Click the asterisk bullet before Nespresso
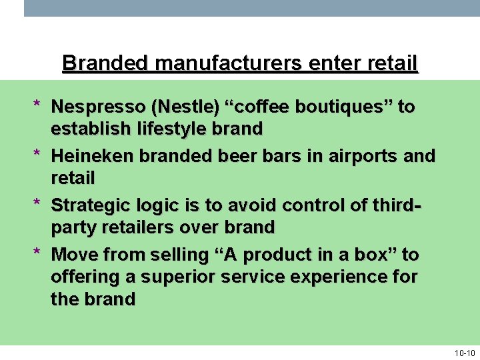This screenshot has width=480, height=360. pos(38,105)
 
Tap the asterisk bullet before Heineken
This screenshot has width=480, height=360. pos(38,155)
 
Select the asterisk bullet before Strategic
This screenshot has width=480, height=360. pos(38,204)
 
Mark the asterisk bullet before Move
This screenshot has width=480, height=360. pos(38,253)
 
